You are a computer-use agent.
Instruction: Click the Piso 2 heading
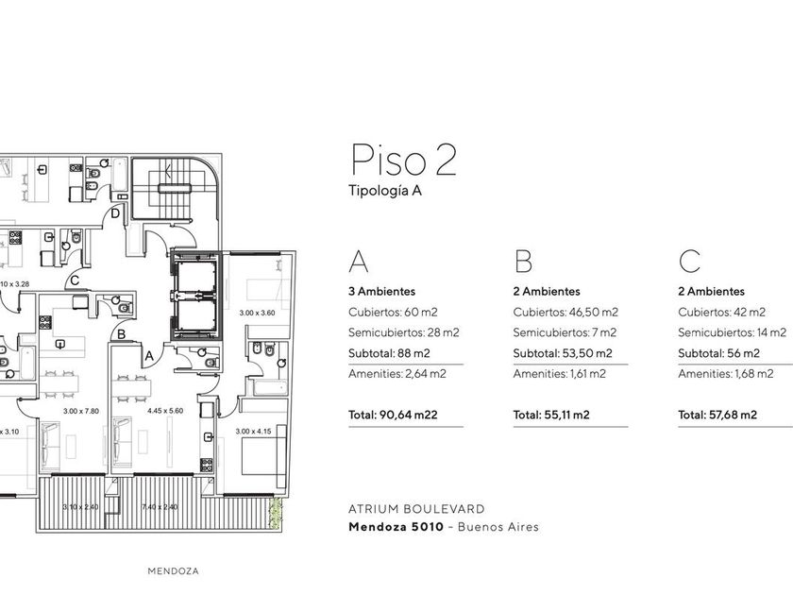(404, 160)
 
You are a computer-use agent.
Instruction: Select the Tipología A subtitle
(385, 191)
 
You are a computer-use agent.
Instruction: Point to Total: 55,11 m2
(551, 415)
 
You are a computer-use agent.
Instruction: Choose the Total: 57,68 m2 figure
(717, 415)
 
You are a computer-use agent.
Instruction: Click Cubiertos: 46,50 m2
(565, 313)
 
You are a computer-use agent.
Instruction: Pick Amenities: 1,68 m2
(726, 374)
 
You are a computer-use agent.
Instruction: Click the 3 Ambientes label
(381, 292)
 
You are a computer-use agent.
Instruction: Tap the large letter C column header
(689, 261)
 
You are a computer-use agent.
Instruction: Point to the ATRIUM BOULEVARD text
(416, 509)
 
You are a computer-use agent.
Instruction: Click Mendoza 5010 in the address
(396, 527)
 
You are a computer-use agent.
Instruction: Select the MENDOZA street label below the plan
(173, 571)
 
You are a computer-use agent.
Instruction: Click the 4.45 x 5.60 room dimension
(165, 411)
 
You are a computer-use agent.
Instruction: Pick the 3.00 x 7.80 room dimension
(81, 412)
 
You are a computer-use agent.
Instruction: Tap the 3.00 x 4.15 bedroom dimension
(253, 432)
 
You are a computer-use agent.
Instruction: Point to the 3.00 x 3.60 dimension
(257, 313)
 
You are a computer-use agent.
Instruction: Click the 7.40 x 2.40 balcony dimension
(160, 506)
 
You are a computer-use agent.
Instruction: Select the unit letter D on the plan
(115, 213)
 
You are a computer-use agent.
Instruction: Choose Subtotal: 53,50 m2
(563, 353)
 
